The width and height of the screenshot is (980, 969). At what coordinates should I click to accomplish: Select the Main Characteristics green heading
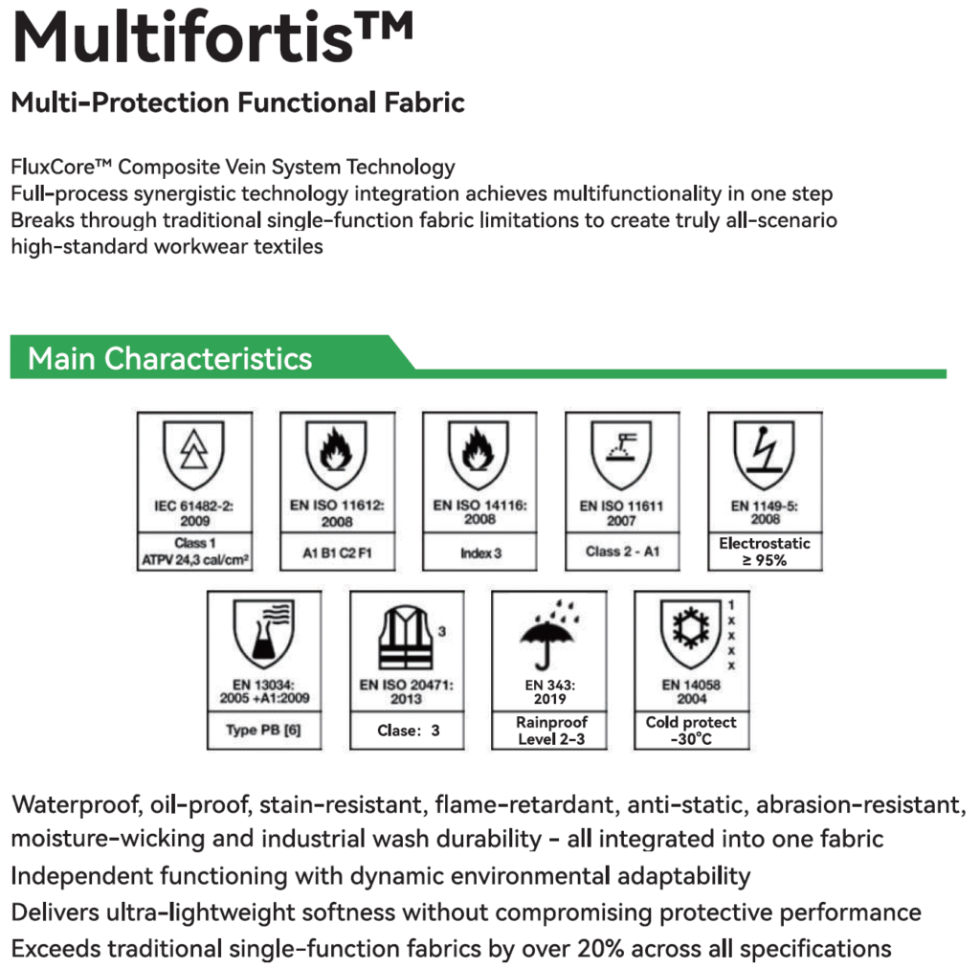170,359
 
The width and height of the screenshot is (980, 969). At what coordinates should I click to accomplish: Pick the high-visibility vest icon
406,636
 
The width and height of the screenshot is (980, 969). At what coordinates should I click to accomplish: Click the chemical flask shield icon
264,637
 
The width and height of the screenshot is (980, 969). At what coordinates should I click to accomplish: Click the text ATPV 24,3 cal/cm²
194,559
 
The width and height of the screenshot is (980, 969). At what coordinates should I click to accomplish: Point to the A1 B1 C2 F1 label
336,552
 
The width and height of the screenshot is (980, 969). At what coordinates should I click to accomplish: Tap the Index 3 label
479,552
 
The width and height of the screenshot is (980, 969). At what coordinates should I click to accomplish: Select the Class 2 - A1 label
621,552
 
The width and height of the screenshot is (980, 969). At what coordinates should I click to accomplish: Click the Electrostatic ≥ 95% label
764,552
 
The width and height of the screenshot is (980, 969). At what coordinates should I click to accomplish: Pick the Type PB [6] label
263,731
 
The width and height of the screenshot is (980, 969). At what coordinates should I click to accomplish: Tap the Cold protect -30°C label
691,731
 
